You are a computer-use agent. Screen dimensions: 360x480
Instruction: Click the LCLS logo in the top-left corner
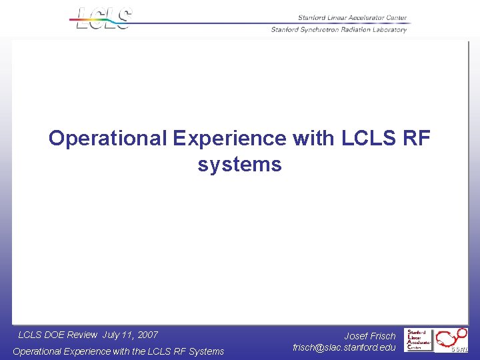tap(104, 18)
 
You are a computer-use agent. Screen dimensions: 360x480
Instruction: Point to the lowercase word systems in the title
tap(239, 164)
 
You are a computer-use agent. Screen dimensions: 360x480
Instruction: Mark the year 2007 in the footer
tap(147, 335)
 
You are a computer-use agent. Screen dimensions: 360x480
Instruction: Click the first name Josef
tap(356, 336)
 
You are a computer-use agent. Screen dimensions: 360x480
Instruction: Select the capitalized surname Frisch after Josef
tap(383, 336)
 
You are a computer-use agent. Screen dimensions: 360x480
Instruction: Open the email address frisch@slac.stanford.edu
tap(344, 347)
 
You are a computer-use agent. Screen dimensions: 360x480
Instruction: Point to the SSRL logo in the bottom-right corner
tap(453, 340)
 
